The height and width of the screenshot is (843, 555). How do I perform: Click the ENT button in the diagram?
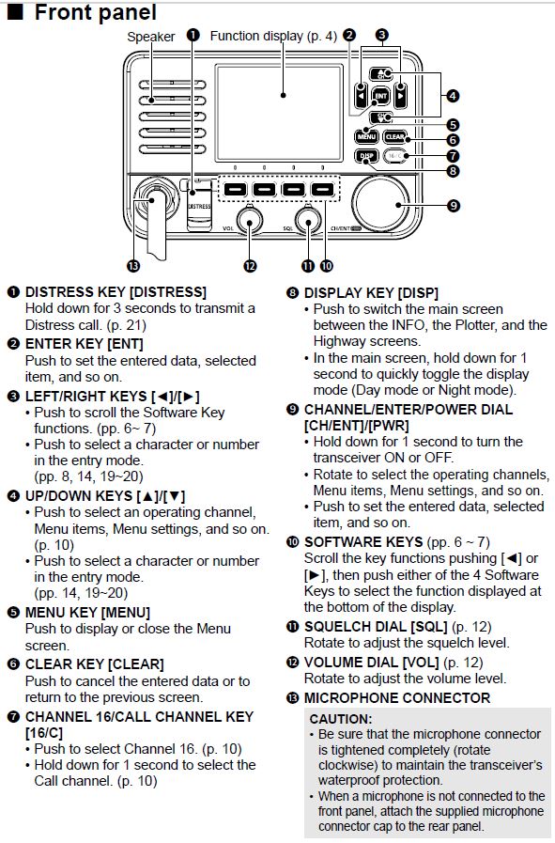click(x=380, y=95)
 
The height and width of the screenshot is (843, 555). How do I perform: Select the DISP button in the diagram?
click(x=366, y=156)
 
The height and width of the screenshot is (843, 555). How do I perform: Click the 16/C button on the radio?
click(x=396, y=156)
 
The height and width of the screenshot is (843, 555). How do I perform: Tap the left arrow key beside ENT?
click(x=362, y=95)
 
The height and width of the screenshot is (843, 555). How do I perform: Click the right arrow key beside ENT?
click(x=400, y=95)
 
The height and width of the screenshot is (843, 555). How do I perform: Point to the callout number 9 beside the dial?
click(x=453, y=205)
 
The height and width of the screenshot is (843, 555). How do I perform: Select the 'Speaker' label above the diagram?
click(x=150, y=37)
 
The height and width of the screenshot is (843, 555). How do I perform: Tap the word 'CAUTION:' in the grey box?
click(x=342, y=718)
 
